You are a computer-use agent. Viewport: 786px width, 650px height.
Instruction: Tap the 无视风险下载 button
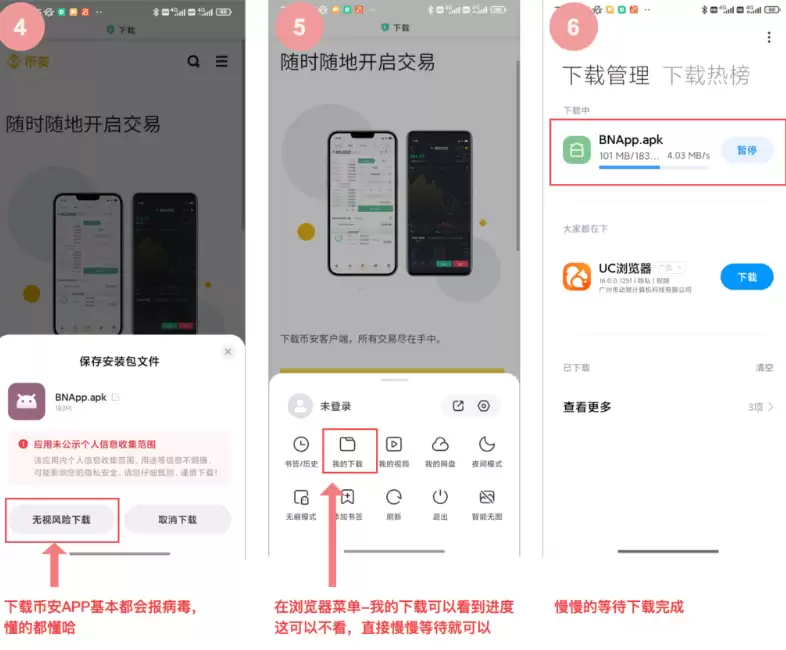(x=61, y=520)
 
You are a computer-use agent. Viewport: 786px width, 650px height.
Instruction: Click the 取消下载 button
(x=178, y=520)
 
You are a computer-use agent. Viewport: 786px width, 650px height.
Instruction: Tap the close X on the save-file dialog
(x=228, y=352)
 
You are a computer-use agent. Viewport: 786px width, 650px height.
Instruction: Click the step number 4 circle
(x=27, y=27)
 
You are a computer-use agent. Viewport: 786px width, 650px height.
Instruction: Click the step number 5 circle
(x=299, y=27)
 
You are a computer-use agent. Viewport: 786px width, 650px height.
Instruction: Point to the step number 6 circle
(x=573, y=27)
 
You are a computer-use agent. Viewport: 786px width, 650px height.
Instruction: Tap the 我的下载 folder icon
(x=348, y=445)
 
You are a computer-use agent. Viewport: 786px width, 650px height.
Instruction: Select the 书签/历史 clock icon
(x=301, y=445)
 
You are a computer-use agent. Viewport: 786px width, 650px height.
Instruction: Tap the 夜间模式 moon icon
(x=487, y=445)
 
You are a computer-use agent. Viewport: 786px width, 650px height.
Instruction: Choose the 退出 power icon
(x=440, y=497)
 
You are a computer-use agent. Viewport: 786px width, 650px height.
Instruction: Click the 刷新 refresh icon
(x=394, y=497)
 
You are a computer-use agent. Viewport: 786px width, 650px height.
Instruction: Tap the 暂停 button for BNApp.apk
(x=746, y=151)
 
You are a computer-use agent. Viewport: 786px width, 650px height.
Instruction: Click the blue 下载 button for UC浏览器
(x=746, y=277)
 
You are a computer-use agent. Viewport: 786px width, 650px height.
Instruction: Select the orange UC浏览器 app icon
(x=577, y=276)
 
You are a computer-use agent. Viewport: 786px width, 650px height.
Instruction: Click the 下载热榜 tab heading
(x=706, y=75)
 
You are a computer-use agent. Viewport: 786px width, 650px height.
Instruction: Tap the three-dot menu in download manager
(x=768, y=38)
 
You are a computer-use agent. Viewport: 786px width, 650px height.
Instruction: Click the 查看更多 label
(x=587, y=407)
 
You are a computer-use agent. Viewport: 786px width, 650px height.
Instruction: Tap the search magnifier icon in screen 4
(x=193, y=62)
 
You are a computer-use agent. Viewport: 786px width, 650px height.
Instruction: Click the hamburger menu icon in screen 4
(x=221, y=62)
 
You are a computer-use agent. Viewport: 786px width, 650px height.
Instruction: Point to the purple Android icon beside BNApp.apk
(x=26, y=401)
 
